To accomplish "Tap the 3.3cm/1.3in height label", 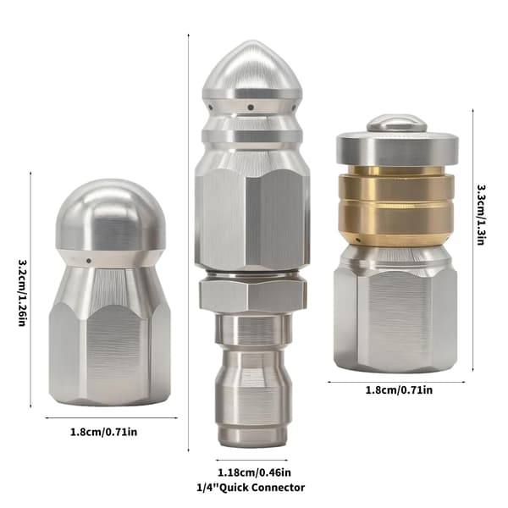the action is point(480,215).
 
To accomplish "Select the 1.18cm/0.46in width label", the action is point(254,472).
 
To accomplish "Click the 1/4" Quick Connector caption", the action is point(251,488).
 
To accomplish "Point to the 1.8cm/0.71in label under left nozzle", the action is point(103,432).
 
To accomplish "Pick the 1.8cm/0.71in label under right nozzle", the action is point(399,389).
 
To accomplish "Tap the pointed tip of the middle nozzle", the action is point(251,41).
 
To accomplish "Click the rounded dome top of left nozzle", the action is point(111,214).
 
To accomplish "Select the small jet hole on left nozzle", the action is point(88,261).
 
